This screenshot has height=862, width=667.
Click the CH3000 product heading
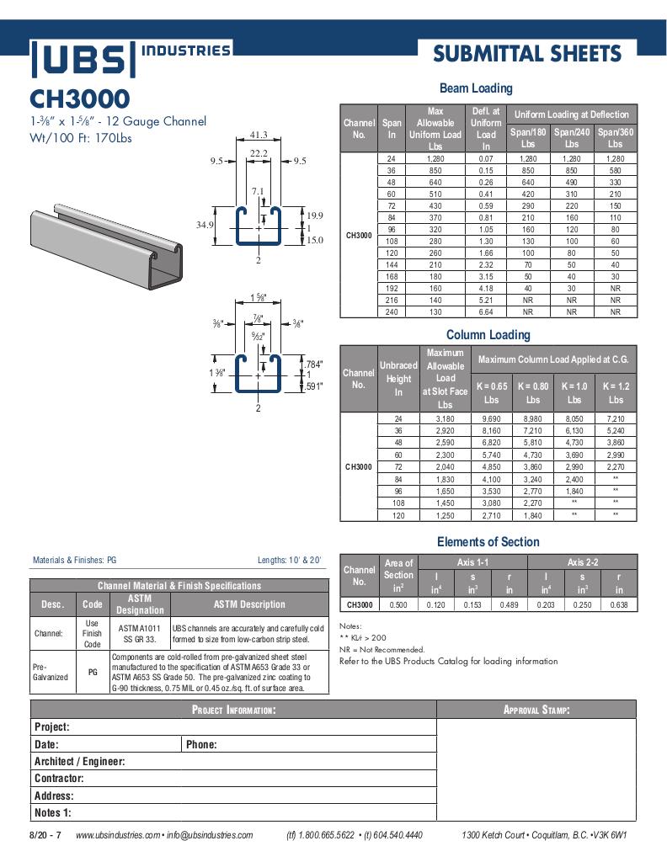80,99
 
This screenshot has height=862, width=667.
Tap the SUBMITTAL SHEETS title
527,55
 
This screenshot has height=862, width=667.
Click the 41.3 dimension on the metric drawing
259,135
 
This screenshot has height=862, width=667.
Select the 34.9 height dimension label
205,226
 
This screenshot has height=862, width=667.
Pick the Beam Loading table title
476,88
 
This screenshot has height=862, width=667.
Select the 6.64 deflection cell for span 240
486,311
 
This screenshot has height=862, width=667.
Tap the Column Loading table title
488,335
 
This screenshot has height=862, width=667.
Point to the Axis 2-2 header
581,561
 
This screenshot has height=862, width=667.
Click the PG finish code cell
93,673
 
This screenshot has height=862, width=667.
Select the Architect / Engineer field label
79,761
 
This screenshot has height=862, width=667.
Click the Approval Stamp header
536,710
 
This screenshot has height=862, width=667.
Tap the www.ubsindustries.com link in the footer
117,835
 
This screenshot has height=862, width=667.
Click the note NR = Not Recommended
382,649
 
